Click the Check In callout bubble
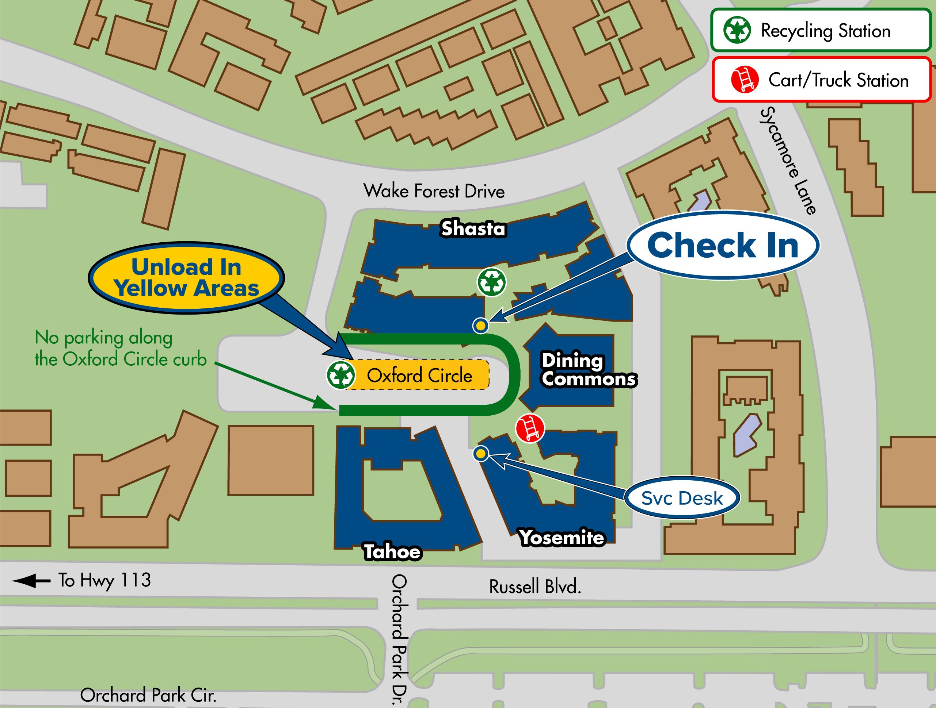723,245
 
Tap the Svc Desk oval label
682,498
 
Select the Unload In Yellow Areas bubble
186,278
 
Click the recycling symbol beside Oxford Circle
340,375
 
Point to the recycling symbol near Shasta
491,282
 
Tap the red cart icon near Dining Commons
529,428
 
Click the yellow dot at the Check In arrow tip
480,326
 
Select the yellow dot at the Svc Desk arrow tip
480,454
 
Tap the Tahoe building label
392,551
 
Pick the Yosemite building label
562,537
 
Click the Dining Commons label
588,369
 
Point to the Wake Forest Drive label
434,191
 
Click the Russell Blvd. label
535,587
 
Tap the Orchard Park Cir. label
148,695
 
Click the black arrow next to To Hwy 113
30,581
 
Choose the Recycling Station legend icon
737,30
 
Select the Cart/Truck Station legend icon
744,79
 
